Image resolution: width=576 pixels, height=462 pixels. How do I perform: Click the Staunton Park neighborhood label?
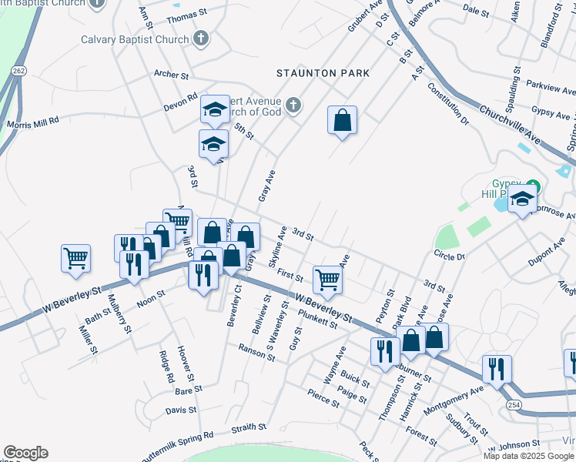(323, 73)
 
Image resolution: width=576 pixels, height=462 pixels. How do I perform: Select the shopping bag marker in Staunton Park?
(342, 121)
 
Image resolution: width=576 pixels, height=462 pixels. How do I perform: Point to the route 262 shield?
(19, 70)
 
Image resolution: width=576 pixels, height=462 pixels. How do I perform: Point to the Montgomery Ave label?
(454, 400)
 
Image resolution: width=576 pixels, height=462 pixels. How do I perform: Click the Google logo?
(25, 453)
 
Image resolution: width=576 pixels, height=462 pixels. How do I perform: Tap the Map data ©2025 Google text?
(529, 456)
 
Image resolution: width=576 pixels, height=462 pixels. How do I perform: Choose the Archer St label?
(171, 75)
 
